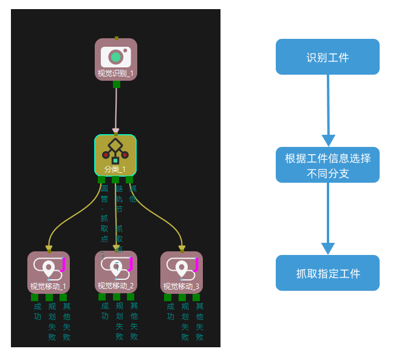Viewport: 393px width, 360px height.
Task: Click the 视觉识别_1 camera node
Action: point(115,59)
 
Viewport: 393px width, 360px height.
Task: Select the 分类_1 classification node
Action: point(115,155)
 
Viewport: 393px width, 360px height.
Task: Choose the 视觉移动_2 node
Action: point(115,272)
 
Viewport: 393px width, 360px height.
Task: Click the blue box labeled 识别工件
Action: point(327,57)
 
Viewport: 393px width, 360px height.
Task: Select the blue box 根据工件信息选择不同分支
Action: point(327,165)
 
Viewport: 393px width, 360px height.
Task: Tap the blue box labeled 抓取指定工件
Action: point(327,273)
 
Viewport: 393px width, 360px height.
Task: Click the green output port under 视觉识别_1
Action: point(116,84)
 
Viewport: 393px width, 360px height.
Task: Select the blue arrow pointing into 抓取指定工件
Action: point(328,219)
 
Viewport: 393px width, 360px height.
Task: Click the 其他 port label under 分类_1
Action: point(132,194)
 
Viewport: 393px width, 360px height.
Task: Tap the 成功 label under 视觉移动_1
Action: point(38,311)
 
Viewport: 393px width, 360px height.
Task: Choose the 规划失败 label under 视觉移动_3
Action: point(185,322)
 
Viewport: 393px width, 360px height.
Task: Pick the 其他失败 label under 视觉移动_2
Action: point(134,321)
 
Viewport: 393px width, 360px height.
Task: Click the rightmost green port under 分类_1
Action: point(129,180)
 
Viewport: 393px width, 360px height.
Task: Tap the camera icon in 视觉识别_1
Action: point(115,57)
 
